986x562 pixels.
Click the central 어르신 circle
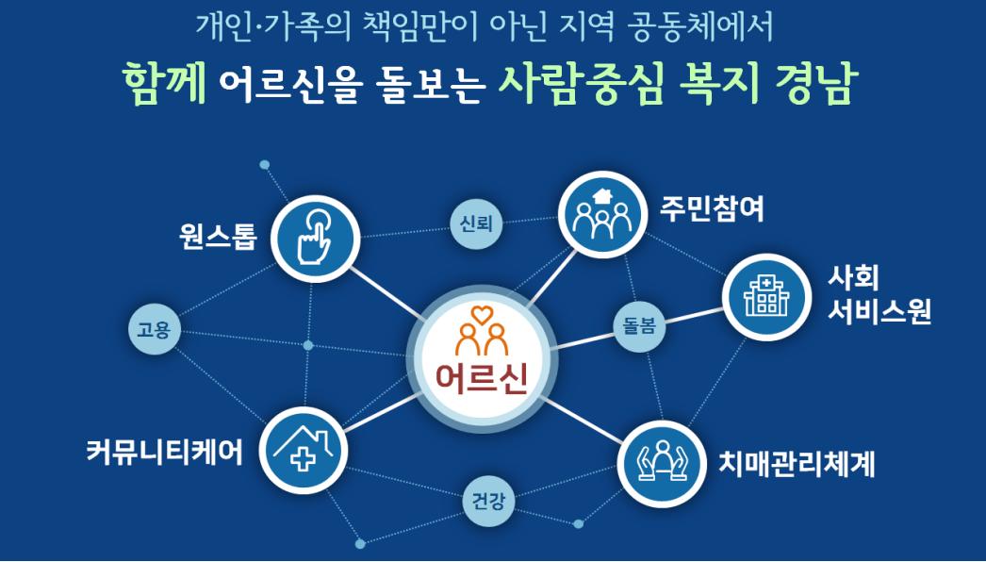[482, 359]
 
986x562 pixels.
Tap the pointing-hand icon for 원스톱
[316, 239]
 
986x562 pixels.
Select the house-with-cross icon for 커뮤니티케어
[304, 451]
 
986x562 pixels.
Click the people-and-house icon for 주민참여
[602, 215]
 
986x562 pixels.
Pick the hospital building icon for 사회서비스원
[766, 297]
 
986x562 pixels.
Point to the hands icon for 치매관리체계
[661, 465]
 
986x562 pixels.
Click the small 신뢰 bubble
[476, 223]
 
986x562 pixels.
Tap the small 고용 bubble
[154, 329]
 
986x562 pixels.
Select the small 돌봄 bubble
[639, 325]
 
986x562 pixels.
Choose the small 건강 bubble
[488, 501]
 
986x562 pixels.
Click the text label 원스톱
[218, 238]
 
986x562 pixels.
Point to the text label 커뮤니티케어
[164, 452]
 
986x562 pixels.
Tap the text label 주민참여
[711, 209]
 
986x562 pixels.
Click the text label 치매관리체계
[797, 465]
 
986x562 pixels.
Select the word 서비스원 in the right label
[879, 311]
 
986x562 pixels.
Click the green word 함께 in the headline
[165, 83]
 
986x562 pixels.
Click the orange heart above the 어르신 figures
[481, 313]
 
